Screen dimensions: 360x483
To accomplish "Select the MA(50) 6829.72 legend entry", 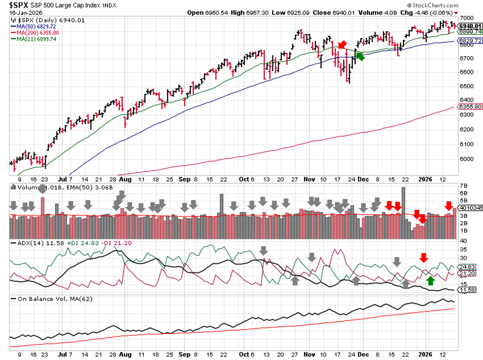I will pyautogui.click(x=36, y=27).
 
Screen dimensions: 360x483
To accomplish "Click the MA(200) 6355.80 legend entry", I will pyautogui.click(x=37, y=33).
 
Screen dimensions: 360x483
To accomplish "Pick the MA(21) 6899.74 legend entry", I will pyautogui.click(x=36, y=39).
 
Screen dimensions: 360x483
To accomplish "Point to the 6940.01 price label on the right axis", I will pyautogui.click(x=470, y=26).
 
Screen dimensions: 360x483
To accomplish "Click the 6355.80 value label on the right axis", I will pyautogui.click(x=470, y=107).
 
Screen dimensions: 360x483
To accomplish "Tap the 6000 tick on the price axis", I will pyautogui.click(x=467, y=159).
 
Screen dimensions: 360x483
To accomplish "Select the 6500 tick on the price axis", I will pyautogui.click(x=467, y=86).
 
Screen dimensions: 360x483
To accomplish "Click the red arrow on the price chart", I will pyautogui.click(x=342, y=44).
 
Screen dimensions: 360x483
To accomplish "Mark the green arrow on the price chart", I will pyautogui.click(x=360, y=56).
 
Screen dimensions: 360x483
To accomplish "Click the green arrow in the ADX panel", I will pyautogui.click(x=430, y=281).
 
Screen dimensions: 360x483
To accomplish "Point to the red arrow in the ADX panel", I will pyautogui.click(x=423, y=258).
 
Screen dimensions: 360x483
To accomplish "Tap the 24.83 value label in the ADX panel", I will pyautogui.click(x=467, y=267).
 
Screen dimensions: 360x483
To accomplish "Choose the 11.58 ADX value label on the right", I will pyautogui.click(x=467, y=290).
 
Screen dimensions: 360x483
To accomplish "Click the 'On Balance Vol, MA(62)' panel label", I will pyautogui.click(x=55, y=299).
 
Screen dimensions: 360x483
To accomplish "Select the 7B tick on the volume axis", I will pyautogui.click(x=463, y=185).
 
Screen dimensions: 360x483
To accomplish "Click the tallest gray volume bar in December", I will pyautogui.click(x=403, y=213).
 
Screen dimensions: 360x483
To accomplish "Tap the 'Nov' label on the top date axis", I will pyautogui.click(x=309, y=179).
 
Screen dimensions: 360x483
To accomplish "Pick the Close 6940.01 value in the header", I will pyautogui.click(x=334, y=13).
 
